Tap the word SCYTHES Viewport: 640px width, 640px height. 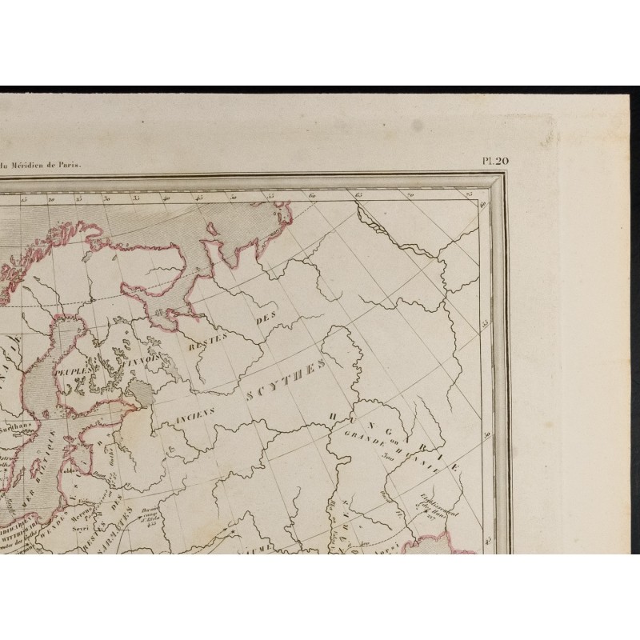click(286, 382)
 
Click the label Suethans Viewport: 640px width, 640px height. click(18, 427)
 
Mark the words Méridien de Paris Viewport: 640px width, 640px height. click(53, 166)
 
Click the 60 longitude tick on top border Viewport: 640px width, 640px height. click(310, 195)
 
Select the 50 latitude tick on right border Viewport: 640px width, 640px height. click(487, 433)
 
